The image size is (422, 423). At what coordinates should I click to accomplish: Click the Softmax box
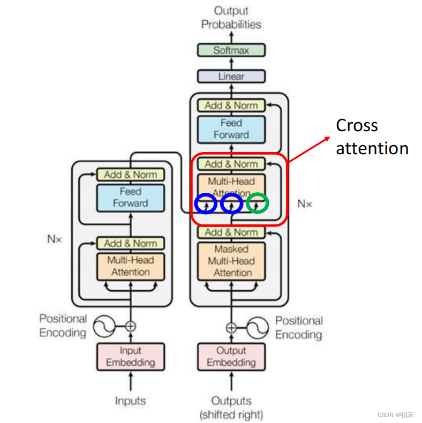(231, 50)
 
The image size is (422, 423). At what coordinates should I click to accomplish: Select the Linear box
(231, 77)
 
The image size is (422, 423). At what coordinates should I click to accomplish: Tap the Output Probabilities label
(231, 17)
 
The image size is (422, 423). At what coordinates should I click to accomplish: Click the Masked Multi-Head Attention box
(231, 261)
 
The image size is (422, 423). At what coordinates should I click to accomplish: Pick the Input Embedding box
(130, 357)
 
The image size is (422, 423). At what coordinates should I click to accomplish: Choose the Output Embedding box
(231, 357)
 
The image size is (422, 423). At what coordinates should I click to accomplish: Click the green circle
(258, 203)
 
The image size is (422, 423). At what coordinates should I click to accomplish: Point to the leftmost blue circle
(206, 203)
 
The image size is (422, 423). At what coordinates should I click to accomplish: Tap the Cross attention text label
(371, 137)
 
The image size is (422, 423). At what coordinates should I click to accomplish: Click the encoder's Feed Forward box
(130, 197)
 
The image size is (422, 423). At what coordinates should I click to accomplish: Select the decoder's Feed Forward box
(231, 129)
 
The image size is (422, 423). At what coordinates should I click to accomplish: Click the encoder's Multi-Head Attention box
(130, 266)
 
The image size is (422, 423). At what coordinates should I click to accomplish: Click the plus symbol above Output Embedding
(231, 327)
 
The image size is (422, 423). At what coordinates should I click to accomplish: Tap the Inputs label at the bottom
(130, 401)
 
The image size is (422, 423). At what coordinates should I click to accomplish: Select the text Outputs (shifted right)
(231, 407)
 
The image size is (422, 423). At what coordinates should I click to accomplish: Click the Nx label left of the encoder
(54, 239)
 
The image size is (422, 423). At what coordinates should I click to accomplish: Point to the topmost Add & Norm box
(231, 105)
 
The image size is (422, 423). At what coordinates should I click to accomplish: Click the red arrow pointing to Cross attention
(310, 148)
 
